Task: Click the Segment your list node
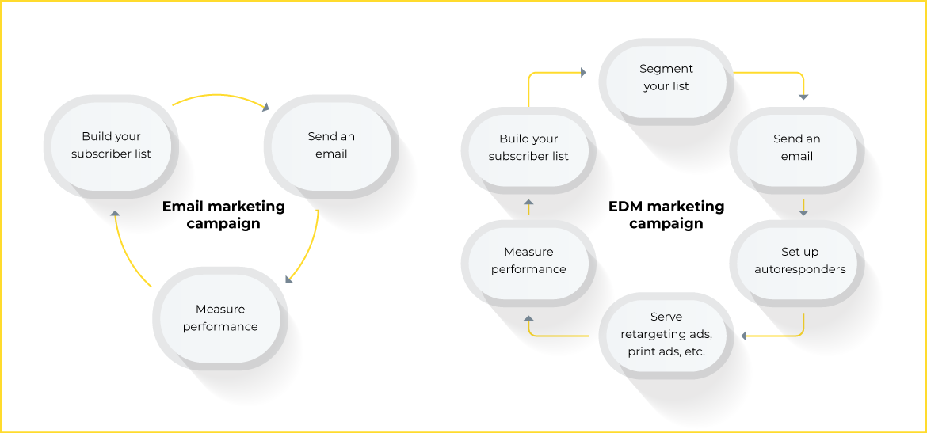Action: tap(666, 78)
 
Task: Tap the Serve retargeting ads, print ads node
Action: tap(666, 334)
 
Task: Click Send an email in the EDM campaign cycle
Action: tap(796, 147)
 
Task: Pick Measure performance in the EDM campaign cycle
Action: tap(528, 260)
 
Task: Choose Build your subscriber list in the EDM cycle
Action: tap(528, 147)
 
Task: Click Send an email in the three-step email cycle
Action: tap(331, 145)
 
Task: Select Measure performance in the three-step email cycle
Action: tap(220, 317)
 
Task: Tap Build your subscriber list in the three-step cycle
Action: tap(111, 145)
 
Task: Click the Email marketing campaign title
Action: tap(223, 215)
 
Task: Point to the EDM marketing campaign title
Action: tap(666, 215)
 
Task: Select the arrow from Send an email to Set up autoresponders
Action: tap(803, 207)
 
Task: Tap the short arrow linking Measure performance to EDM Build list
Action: tap(528, 208)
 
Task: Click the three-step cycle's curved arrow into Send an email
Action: tap(222, 97)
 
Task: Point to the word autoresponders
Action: tap(799, 269)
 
